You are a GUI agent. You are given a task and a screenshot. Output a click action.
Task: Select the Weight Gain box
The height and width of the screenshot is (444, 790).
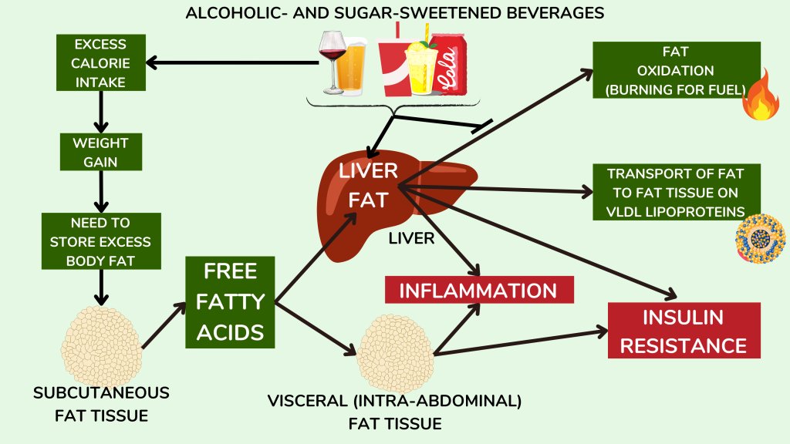pos(100,152)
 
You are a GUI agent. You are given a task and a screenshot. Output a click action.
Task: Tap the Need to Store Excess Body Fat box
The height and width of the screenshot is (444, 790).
pos(100,241)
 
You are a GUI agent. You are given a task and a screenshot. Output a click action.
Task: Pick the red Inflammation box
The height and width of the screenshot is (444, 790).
pos(479,291)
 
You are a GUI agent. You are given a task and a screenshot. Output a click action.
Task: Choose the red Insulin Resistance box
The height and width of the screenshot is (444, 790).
pos(684,330)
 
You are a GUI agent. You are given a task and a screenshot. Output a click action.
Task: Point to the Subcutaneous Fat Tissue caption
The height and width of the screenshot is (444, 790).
pos(101,404)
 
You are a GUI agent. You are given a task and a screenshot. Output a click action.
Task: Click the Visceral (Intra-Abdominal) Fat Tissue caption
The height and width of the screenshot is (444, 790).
pos(394,412)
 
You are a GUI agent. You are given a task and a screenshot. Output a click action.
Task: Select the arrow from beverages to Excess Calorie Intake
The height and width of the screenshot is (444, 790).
pos(231,62)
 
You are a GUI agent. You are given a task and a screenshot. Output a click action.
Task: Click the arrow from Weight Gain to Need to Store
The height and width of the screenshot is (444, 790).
pos(100,192)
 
